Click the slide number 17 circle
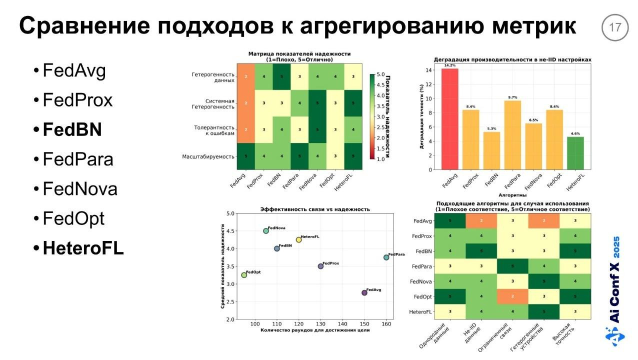pyautogui.click(x=614, y=27)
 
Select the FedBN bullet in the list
pyautogui.click(x=72, y=130)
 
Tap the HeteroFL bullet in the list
pyautogui.click(x=83, y=248)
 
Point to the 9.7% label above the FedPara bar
pyautogui.click(x=512, y=97)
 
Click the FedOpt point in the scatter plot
pyautogui.click(x=244, y=275)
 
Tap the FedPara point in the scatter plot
pyautogui.click(x=386, y=257)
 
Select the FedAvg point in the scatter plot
pyautogui.click(x=364, y=293)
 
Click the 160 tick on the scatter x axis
pyautogui.click(x=386, y=324)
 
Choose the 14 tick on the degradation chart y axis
pyautogui.click(x=428, y=70)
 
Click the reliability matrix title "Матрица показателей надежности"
pyautogui.click(x=299, y=54)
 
